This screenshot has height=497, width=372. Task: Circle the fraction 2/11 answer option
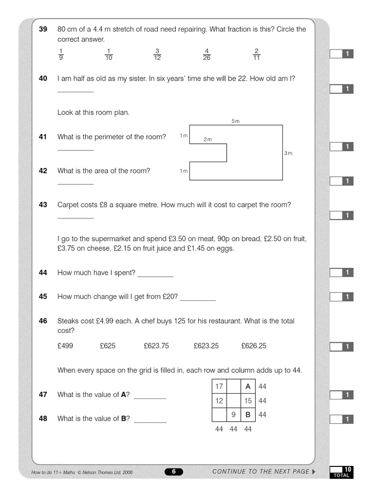click(256, 54)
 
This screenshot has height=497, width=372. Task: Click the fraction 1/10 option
click(108, 54)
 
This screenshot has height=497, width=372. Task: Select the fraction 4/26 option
click(207, 54)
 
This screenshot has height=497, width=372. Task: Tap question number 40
click(43, 78)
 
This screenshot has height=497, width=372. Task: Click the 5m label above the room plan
click(235, 121)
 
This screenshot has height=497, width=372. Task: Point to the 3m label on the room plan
click(288, 153)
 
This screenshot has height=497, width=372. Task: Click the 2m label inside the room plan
click(207, 139)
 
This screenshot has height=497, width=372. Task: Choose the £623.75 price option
click(156, 346)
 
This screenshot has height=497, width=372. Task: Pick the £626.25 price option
click(254, 346)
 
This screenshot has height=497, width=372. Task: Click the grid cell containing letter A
click(248, 387)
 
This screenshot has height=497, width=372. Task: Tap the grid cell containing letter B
click(248, 415)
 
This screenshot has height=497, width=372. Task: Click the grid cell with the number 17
click(219, 387)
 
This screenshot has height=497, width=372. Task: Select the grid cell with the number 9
click(233, 415)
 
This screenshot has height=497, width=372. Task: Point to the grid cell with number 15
click(248, 401)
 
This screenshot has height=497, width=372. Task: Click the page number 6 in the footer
click(174, 472)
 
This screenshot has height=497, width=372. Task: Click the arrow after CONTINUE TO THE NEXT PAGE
click(313, 471)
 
